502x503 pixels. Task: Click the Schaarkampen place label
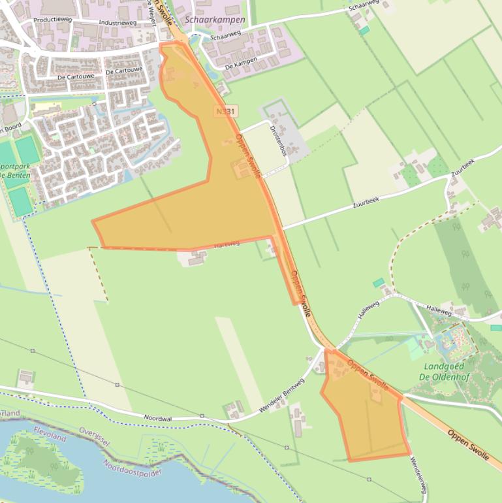tap(215, 20)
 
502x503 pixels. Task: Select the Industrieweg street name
tap(118, 22)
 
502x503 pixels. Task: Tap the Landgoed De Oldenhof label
tap(443, 371)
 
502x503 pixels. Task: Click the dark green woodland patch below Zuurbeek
tap(463, 261)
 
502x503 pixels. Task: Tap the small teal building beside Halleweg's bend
tap(379, 283)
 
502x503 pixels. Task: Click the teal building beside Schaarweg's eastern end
tap(364, 30)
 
